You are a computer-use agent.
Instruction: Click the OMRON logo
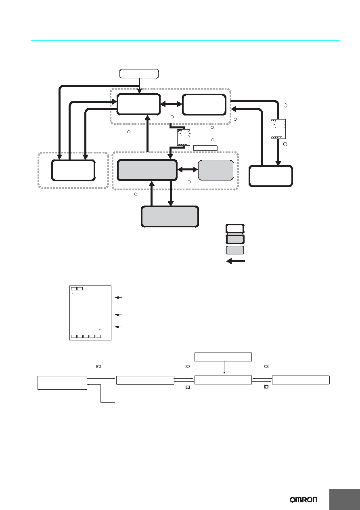point(303,500)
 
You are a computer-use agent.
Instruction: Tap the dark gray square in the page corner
point(345,499)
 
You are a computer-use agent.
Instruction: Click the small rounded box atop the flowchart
point(139,73)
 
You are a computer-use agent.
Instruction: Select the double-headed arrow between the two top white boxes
point(172,104)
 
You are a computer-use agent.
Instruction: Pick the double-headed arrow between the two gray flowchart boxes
point(188,170)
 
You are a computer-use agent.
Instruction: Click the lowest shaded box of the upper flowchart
point(170,216)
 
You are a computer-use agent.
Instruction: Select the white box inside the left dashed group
point(73,170)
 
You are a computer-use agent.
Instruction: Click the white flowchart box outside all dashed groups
point(270,176)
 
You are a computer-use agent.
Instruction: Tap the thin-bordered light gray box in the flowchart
point(216,170)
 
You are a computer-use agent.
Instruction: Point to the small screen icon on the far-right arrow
point(278,129)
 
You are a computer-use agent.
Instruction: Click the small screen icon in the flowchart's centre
point(184,137)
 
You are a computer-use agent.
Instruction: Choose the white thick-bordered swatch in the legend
point(235,229)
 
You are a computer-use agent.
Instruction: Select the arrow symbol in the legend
point(236,261)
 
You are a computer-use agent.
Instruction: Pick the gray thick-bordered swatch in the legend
point(235,239)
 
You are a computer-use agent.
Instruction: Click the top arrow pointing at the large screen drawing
point(119,297)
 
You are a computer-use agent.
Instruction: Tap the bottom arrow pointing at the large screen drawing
point(119,327)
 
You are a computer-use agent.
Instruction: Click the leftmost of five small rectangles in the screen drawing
point(74,336)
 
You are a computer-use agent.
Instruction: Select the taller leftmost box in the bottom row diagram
point(62,383)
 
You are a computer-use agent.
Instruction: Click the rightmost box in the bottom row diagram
point(301,380)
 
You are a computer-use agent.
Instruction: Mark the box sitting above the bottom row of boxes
point(223,357)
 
